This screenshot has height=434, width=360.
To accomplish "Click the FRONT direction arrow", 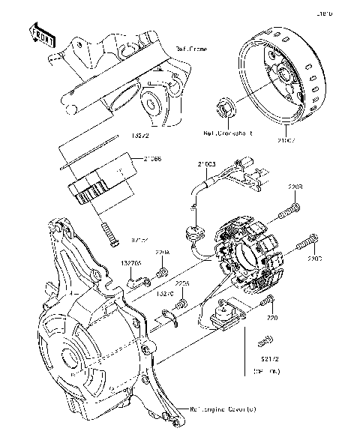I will click(42, 35).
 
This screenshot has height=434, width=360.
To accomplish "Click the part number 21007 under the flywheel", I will click(286, 139).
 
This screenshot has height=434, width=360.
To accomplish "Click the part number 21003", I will click(207, 163).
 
